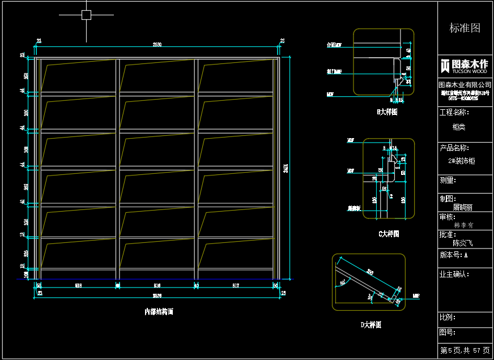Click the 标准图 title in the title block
tap(465, 28)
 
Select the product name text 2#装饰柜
tap(461, 161)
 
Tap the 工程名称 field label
tap(454, 113)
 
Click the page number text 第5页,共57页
tap(465, 351)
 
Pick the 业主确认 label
tap(454, 275)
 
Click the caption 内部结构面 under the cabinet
tap(159, 311)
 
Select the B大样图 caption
tap(387, 112)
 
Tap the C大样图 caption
tap(388, 234)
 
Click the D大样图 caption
tap(370, 325)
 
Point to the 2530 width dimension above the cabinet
tap(157, 45)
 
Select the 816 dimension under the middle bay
tap(157, 286)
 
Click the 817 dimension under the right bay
tap(235, 286)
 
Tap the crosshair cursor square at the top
tap(86, 15)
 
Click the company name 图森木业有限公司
tap(465, 84)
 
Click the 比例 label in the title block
tap(448, 318)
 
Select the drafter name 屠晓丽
tap(462, 208)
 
